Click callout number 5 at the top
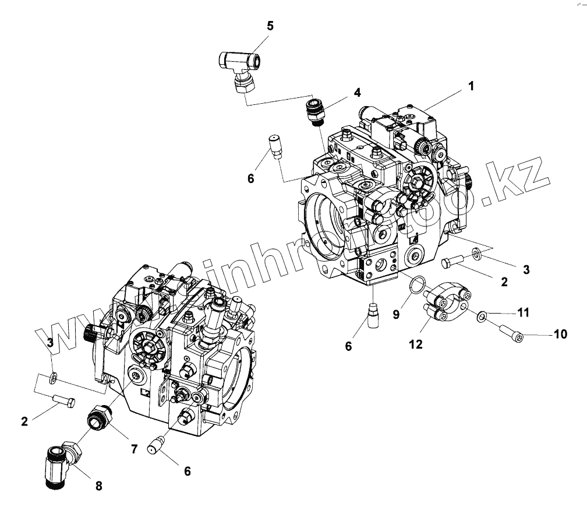tap(270, 26)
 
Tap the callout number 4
tap(357, 93)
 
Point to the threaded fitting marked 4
tap(315, 111)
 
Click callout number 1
tap(470, 86)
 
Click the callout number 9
tap(395, 314)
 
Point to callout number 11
tap(524, 313)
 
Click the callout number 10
tap(560, 334)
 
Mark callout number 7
tap(133, 449)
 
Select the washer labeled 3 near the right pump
tap(476, 252)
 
